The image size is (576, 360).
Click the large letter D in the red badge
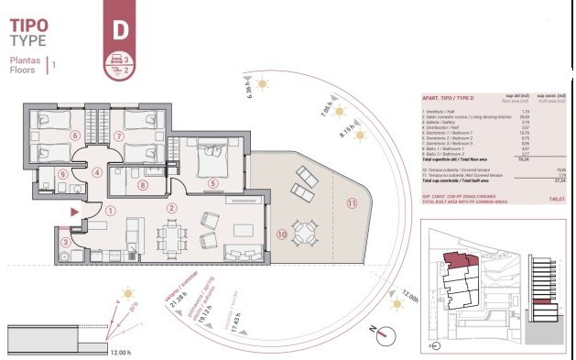(118, 28)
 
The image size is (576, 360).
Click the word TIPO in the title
(28, 23)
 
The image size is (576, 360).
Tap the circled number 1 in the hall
(111, 209)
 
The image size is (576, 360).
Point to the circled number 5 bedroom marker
(212, 183)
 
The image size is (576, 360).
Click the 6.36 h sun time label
(248, 89)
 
